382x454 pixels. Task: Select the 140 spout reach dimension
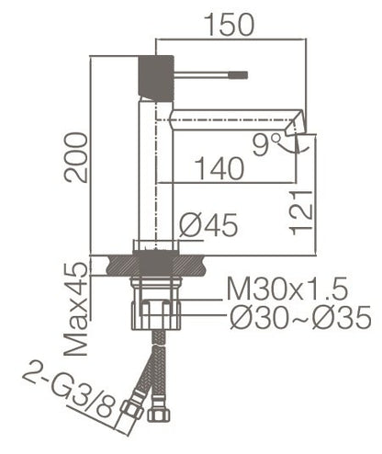click(218, 168)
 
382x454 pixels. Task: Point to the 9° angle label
click(267, 142)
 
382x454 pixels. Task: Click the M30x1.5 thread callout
click(286, 291)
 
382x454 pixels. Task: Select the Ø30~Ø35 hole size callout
click(298, 319)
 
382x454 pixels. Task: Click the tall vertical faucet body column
click(152, 175)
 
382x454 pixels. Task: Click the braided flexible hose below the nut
click(152, 368)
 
